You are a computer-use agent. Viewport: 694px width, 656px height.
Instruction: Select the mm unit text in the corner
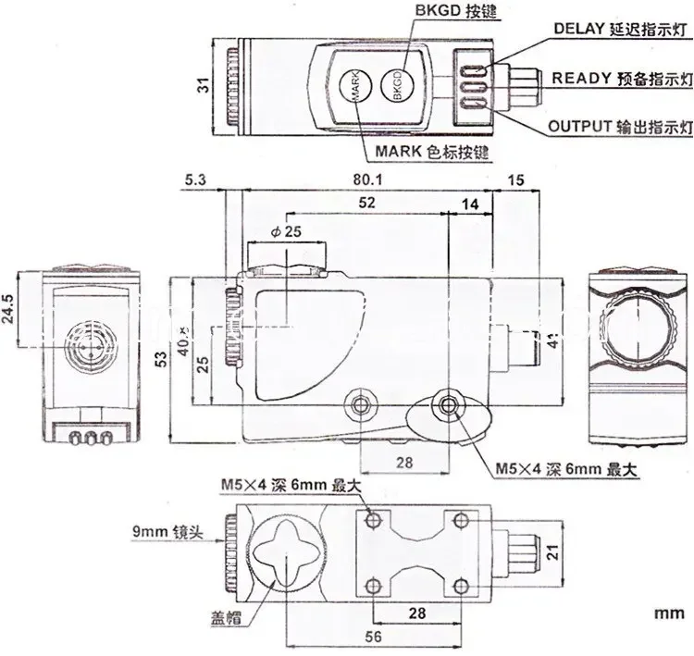(x=670, y=612)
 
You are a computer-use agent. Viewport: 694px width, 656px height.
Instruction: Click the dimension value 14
(x=470, y=201)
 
